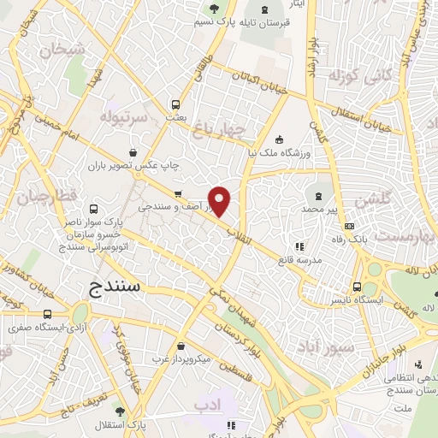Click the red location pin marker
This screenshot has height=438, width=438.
(x=220, y=200)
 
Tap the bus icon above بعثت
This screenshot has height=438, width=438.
(x=175, y=98)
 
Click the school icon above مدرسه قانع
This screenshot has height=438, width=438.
(x=299, y=248)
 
